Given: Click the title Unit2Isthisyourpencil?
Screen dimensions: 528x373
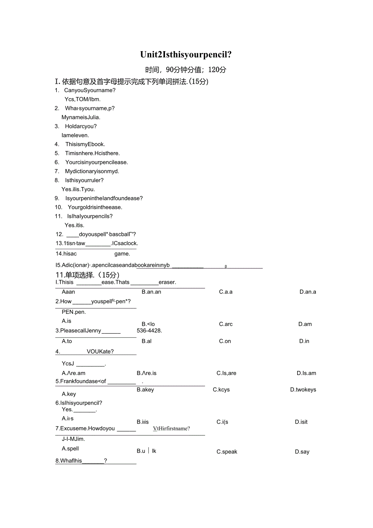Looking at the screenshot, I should point(186,55).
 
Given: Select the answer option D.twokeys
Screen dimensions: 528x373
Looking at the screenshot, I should point(303,390).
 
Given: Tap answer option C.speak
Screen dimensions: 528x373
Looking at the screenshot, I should point(227,452).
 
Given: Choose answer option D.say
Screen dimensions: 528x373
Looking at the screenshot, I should point(302,452).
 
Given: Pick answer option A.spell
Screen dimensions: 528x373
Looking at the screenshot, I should point(70,448).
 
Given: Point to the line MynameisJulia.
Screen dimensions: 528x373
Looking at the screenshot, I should point(81,117).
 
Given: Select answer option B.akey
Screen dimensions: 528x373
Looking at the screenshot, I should point(145,390).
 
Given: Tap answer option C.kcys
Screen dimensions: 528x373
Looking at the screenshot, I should point(221,390).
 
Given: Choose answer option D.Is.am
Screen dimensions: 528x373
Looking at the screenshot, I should point(306,373).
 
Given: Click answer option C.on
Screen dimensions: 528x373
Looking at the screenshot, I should point(225,341).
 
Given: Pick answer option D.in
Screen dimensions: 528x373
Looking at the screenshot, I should point(304,341).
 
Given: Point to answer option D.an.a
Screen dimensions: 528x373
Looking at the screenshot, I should point(308,292).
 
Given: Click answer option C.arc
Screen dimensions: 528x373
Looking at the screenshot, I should point(226,324).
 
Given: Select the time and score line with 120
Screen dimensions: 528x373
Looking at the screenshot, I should point(186,69).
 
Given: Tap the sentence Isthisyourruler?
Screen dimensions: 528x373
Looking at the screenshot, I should point(84,180).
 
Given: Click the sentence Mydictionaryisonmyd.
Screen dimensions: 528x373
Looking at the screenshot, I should point(92,171).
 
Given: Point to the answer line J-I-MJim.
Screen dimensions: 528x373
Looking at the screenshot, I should point(73,439).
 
